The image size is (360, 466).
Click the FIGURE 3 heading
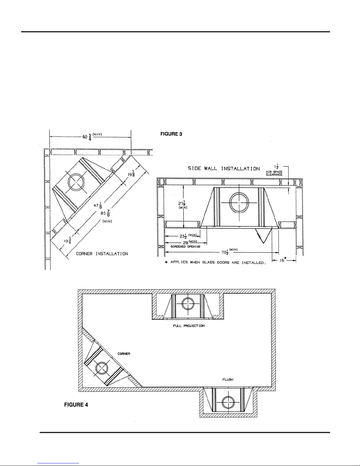tap(171, 134)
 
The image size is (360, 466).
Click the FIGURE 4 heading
tap(76, 405)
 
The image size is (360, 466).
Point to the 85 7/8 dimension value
tap(106, 213)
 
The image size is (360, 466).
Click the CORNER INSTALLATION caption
tap(102, 254)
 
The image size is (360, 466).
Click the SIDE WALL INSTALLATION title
tap(224, 168)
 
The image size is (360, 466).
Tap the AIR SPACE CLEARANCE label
tap(274, 173)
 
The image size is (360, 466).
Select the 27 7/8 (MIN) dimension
tap(183, 205)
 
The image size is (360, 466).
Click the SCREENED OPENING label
tap(185, 247)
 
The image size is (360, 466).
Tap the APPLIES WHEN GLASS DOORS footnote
tap(215, 263)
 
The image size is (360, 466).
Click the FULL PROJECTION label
tap(189, 326)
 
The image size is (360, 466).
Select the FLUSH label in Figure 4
tap(228, 379)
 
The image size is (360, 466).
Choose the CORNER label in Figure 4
tap(124, 354)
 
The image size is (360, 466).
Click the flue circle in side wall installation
tap(239, 203)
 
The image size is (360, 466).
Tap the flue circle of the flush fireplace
tap(228, 402)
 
